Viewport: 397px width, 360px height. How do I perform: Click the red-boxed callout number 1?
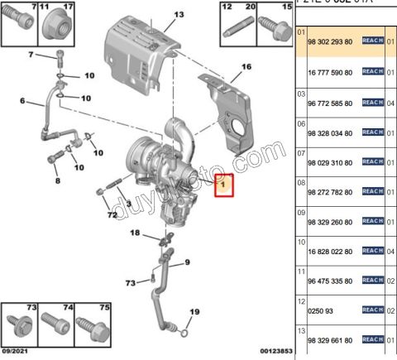pos(223,186)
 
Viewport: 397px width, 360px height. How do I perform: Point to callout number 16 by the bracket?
pos(245,66)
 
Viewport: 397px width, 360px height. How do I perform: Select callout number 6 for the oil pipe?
pos(23,102)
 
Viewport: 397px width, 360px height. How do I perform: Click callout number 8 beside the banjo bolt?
pos(56,180)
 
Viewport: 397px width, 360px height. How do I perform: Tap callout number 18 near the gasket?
pos(136,234)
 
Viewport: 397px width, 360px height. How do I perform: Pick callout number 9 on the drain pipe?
pos(186,262)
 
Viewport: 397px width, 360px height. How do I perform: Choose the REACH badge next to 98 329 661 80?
pos(372,339)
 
